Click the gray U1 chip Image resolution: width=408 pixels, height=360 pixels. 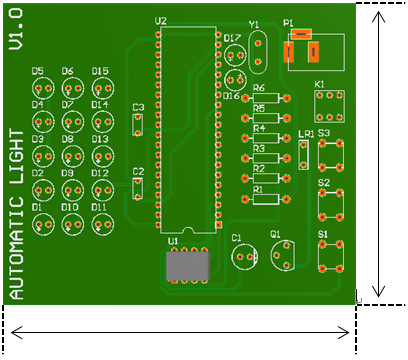[x=186, y=266]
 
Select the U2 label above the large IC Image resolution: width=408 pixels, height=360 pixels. [x=162, y=21]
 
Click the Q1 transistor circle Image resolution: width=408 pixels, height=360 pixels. [x=282, y=254]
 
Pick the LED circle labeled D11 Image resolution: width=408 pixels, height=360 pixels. [x=100, y=223]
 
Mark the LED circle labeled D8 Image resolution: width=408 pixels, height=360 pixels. [x=72, y=155]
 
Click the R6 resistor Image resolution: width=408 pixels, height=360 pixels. [x=265, y=99]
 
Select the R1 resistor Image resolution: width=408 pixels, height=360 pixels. [x=265, y=198]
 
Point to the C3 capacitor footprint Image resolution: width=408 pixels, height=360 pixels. [x=139, y=124]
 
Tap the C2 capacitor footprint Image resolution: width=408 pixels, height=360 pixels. [x=139, y=187]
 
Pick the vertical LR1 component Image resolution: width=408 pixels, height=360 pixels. [x=304, y=153]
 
